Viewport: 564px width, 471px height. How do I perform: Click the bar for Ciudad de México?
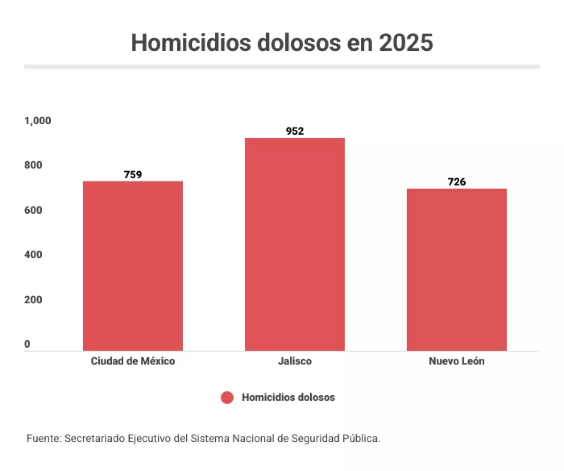133,266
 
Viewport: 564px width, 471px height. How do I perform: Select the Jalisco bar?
295,244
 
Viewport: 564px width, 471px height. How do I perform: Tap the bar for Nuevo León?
456,270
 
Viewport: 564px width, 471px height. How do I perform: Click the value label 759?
133,175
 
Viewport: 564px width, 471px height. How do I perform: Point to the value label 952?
295,131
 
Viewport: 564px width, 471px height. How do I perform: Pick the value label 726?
456,182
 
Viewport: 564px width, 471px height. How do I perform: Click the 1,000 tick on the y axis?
38,121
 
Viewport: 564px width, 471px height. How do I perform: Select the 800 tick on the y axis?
33,166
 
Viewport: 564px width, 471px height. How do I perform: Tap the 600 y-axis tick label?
33,210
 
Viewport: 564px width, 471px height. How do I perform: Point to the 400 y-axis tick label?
33,255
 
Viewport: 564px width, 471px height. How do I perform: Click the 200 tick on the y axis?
33,300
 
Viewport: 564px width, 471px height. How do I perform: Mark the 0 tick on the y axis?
27,344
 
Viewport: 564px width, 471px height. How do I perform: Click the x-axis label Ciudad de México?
133,361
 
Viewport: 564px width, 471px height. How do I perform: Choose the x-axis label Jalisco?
295,361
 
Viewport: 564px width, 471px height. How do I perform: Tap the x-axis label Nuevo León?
456,361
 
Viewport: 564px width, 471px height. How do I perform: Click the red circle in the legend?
227,398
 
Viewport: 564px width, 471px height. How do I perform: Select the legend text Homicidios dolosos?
288,398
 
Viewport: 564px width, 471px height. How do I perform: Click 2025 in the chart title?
406,43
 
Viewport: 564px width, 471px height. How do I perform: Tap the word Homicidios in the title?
191,43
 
